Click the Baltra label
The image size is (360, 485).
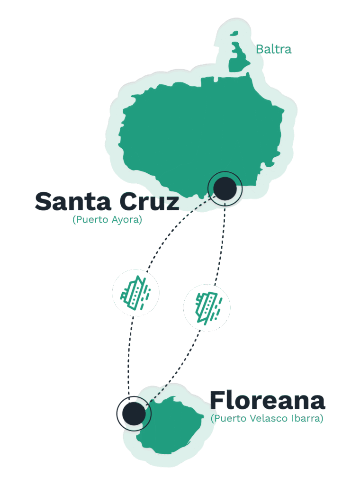pos(273,49)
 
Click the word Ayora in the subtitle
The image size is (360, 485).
pos(125,220)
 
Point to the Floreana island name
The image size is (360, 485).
pos(267,401)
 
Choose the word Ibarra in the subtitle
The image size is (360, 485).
pos(308,419)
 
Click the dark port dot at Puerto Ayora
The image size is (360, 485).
pos(225,189)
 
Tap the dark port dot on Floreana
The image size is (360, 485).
pos(134,413)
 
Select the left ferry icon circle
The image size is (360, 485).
pos(135,292)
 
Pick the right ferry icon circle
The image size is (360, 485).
pos(207,306)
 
